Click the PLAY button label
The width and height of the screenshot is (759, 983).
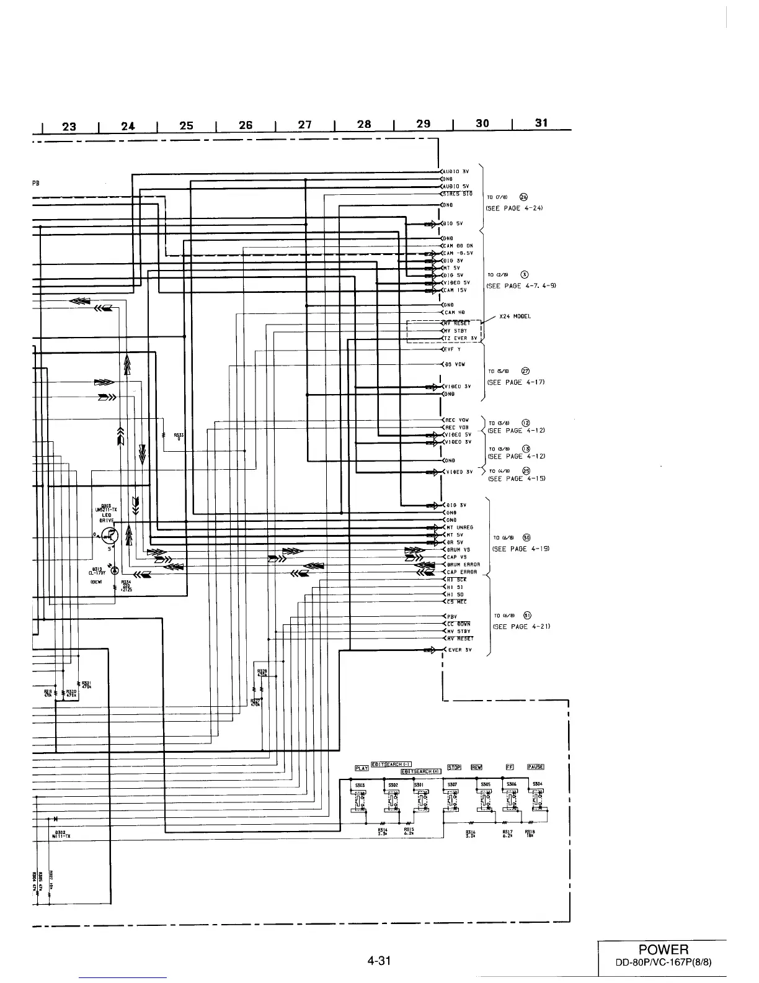tap(362, 768)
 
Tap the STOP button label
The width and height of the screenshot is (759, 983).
tap(454, 768)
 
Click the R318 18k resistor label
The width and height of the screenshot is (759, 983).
tap(530, 834)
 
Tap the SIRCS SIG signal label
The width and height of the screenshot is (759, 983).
tap(458, 194)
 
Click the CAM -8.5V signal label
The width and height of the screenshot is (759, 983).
tap(458, 253)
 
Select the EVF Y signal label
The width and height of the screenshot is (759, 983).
tap(452, 349)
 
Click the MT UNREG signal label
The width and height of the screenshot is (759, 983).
tap(459, 527)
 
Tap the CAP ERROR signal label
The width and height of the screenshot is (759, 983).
tap(462, 572)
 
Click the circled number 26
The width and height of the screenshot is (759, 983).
tap(523, 197)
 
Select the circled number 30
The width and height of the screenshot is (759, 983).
tap(526, 537)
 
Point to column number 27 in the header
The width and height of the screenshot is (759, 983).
tap(304, 124)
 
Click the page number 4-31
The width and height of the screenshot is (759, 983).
tap(379, 961)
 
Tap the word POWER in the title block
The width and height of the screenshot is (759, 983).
tap(663, 950)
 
